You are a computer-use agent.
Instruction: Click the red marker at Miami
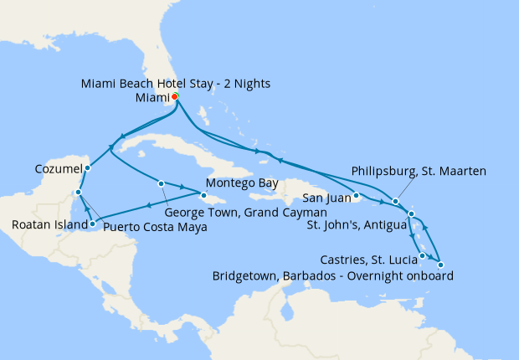click(x=174, y=96)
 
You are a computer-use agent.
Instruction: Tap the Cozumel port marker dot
click(x=87, y=168)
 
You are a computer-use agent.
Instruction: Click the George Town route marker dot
click(x=160, y=183)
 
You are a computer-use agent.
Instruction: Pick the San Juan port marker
click(x=357, y=198)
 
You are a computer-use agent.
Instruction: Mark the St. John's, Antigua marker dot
click(x=412, y=215)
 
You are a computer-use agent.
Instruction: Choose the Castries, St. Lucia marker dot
click(x=423, y=255)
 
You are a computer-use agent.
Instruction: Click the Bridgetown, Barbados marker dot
click(x=440, y=265)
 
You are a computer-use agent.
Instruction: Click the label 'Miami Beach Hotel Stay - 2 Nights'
click(x=176, y=84)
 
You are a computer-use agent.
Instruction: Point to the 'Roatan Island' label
click(x=47, y=224)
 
